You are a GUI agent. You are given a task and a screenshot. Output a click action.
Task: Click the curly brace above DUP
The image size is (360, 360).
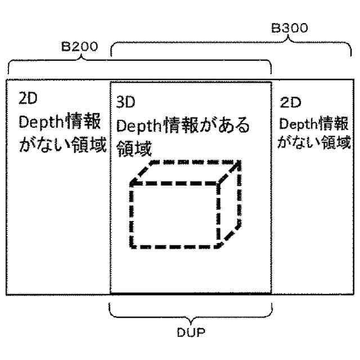190,312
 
